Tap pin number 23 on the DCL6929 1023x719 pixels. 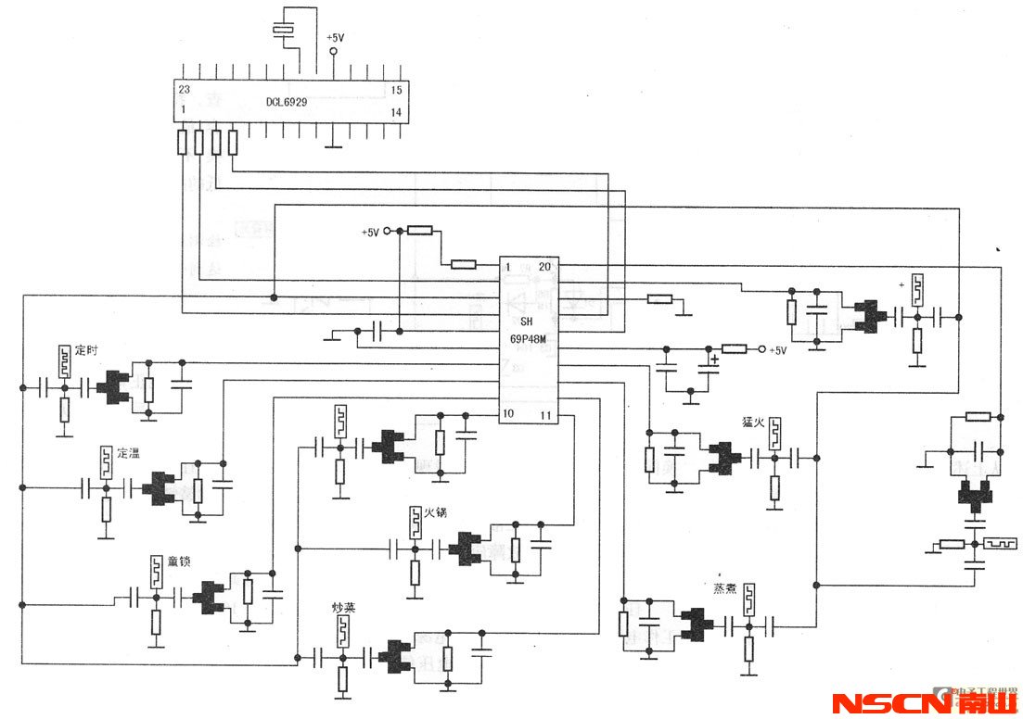184,90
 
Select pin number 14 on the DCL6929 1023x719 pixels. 395,112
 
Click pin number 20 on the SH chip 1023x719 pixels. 544,266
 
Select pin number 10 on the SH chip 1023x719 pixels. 509,412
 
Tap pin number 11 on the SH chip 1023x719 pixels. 546,413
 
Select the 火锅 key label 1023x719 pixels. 436,511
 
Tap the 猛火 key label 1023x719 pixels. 752,422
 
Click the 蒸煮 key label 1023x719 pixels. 724,588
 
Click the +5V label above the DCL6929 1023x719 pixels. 335,38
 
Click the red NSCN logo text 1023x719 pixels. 890,703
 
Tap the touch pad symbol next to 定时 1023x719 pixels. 63,360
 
